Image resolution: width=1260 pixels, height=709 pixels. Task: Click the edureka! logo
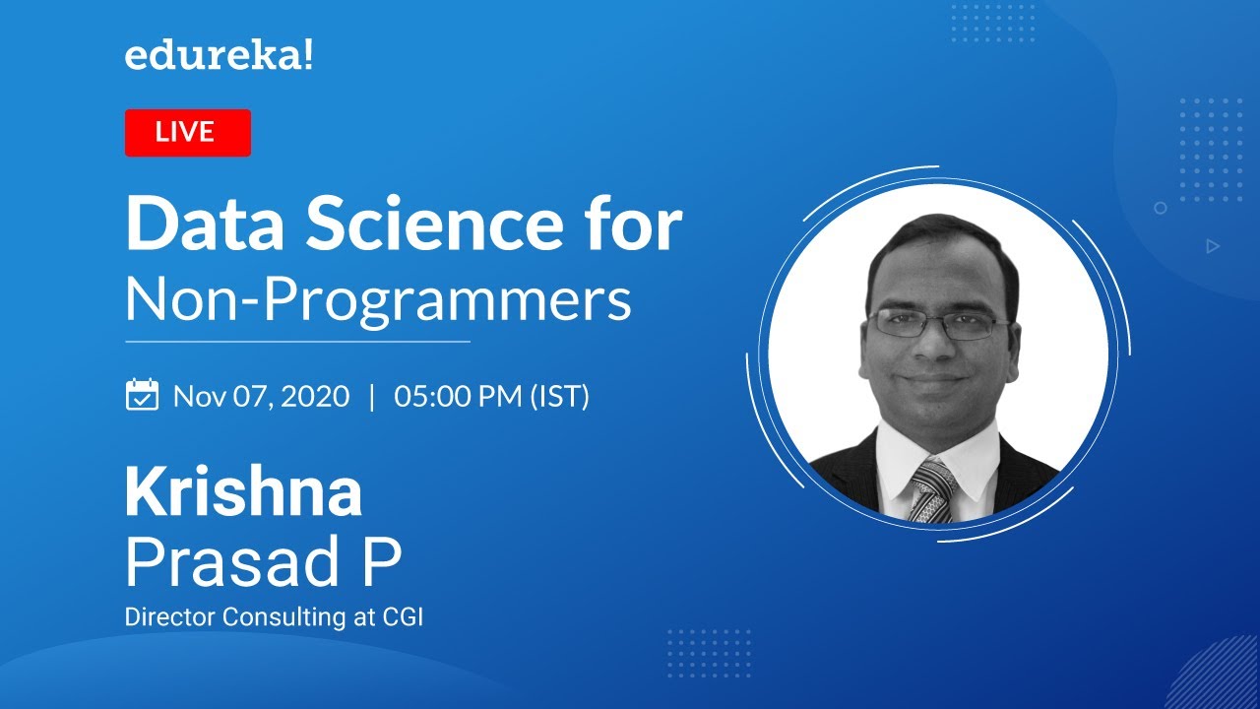coord(219,56)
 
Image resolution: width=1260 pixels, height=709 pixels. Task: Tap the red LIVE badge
coord(187,133)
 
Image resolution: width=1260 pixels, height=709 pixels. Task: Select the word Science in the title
coord(430,226)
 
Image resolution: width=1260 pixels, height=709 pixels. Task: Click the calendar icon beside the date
coord(143,395)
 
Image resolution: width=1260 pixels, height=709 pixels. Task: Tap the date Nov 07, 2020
coord(261,396)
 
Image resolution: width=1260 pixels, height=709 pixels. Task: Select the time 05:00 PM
coord(459,396)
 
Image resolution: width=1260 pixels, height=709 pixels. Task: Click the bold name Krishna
coord(243,493)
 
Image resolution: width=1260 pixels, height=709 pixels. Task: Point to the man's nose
coord(936,348)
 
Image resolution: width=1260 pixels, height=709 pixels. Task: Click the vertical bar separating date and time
coord(371,396)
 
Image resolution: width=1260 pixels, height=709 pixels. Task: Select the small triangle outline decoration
coord(1213,246)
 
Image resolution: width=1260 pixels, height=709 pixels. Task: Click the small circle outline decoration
coord(1161,208)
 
